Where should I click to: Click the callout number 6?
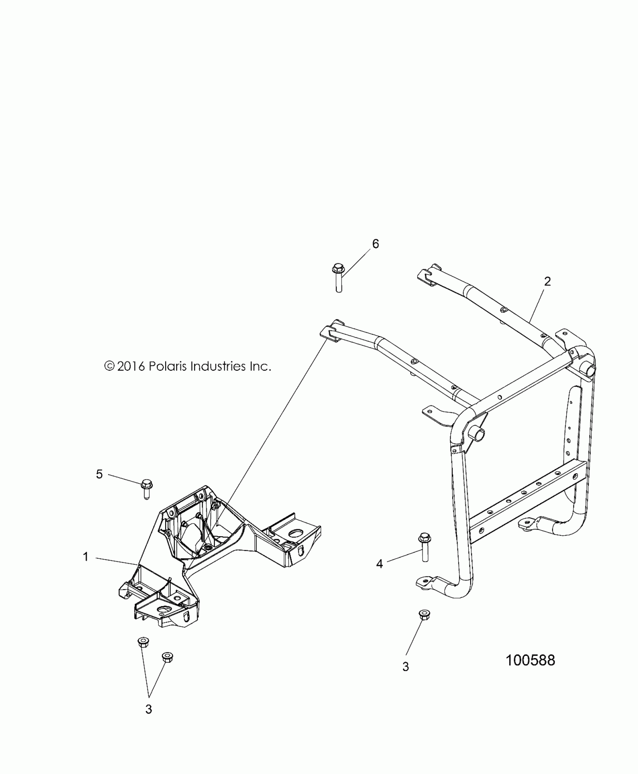click(375, 244)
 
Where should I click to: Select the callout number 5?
click(99, 474)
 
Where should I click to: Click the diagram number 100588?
click(530, 660)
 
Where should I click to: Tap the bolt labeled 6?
click(338, 278)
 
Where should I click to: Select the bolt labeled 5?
click(146, 489)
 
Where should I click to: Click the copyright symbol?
click(109, 366)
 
